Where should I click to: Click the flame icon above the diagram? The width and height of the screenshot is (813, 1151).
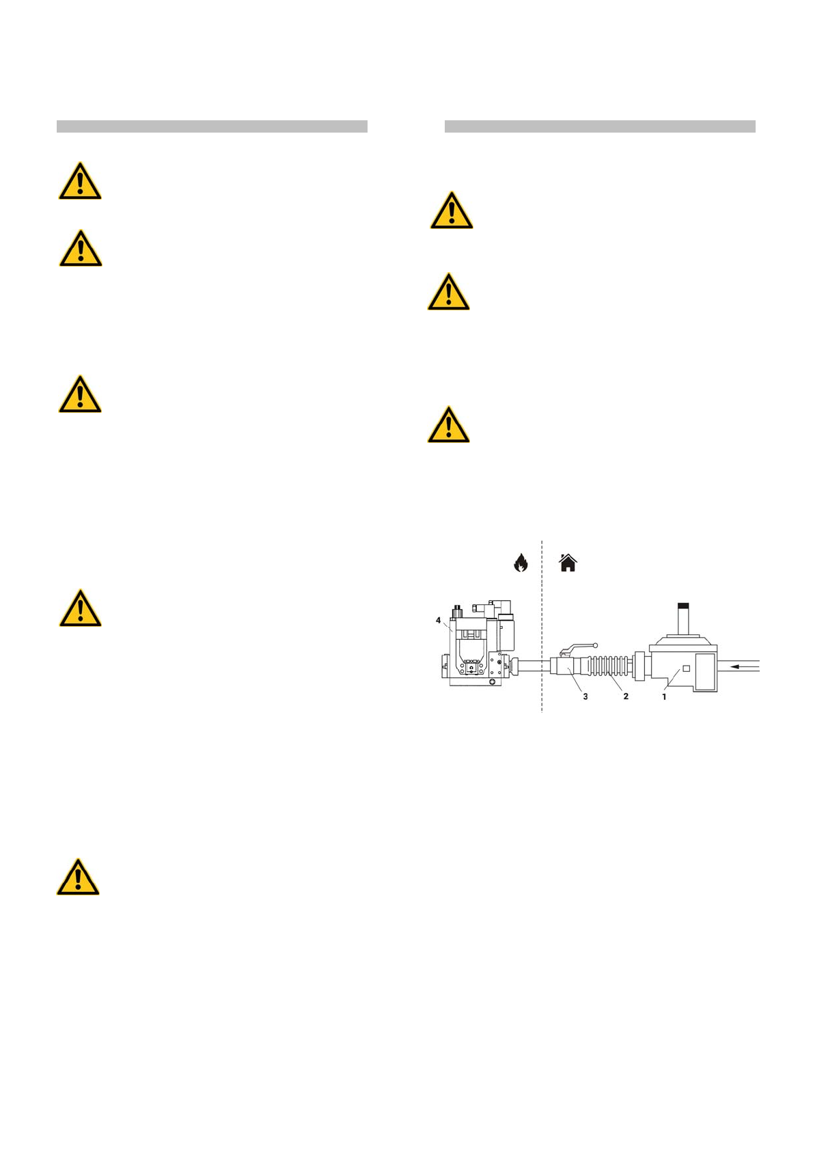tap(521, 563)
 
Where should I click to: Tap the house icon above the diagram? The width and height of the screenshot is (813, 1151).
tap(568, 563)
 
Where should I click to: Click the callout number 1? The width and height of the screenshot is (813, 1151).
tap(663, 696)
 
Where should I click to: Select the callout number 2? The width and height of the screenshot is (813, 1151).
tap(625, 696)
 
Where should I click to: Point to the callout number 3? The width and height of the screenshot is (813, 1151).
tap(585, 696)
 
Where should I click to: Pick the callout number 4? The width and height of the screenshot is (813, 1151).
tap(439, 620)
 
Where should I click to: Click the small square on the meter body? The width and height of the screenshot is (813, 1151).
tap(687, 668)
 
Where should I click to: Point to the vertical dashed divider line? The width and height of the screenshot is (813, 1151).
tap(542, 629)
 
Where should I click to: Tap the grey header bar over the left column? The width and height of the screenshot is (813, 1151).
tap(212, 126)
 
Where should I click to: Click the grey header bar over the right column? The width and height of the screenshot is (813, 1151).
tap(600, 126)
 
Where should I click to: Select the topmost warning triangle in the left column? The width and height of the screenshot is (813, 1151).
tap(80, 182)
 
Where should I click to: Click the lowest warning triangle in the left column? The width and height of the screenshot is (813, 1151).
tap(78, 878)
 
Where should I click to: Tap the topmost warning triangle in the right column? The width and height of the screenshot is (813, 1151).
tap(451, 212)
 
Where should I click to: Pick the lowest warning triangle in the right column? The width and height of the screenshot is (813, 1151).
tap(448, 426)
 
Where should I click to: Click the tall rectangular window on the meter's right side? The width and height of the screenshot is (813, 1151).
tap(704, 672)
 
